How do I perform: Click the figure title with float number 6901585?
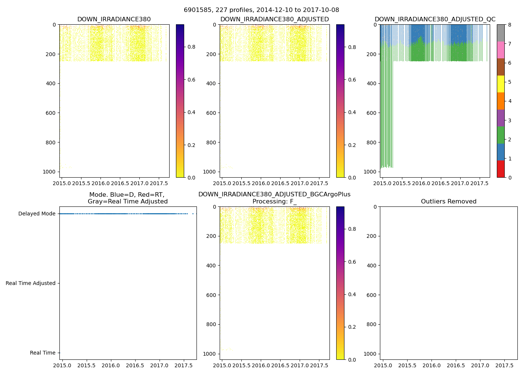(x=261, y=10)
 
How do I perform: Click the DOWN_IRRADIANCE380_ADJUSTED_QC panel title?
(x=435, y=19)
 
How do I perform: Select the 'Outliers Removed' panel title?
(x=449, y=202)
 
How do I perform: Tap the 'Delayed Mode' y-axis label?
(x=37, y=214)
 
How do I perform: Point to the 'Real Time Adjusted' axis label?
(x=31, y=283)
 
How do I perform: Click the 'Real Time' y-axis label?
(x=43, y=353)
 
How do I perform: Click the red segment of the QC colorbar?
(x=501, y=169)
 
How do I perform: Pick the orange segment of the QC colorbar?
(x=501, y=101)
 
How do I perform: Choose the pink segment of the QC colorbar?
(x=501, y=50)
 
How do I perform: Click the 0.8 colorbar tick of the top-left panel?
(x=191, y=47)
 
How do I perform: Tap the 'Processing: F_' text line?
(x=274, y=202)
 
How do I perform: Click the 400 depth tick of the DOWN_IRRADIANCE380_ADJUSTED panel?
(x=211, y=83)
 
